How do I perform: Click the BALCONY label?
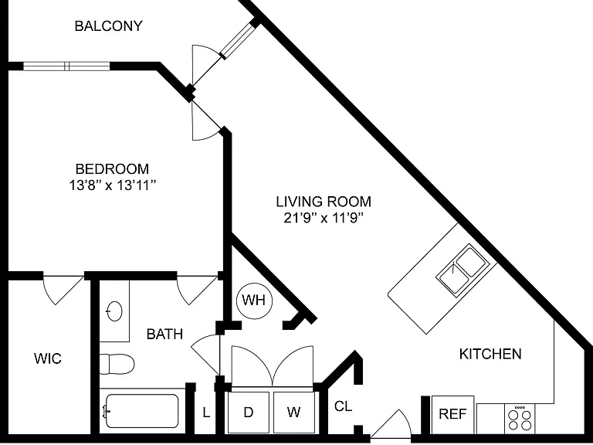[x=109, y=26]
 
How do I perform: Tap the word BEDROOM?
[x=112, y=168]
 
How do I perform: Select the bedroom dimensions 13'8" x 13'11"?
[x=112, y=185]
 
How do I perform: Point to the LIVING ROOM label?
[x=324, y=202]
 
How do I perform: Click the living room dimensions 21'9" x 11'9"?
[x=324, y=219]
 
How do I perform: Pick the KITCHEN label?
[x=490, y=354]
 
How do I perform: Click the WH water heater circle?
[x=254, y=301]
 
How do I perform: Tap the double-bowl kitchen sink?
[x=463, y=269]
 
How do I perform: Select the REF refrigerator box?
[x=452, y=414]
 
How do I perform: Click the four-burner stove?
[x=520, y=419]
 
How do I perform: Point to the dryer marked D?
[x=249, y=412]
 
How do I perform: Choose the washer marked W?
[x=294, y=412]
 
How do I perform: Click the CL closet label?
[x=344, y=406]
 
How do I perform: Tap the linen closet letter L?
[x=206, y=413]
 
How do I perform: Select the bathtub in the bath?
[x=142, y=410]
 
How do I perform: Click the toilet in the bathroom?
[x=117, y=364]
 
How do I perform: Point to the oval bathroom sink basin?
[x=114, y=311]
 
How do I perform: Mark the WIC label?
[x=48, y=358]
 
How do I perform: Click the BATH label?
[x=165, y=334]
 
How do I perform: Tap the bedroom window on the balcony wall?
[x=66, y=66]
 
